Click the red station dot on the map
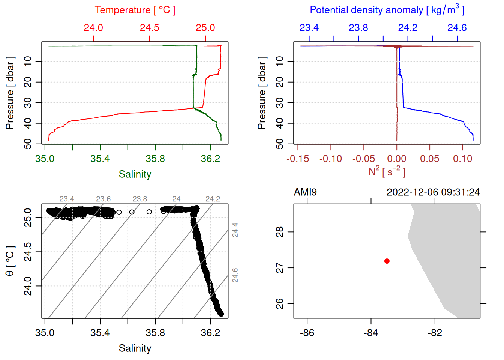387,261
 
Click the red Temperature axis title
135,10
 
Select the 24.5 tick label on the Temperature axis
149,28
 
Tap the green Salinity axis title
135,174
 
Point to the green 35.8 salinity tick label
155,159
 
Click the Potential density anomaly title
387,10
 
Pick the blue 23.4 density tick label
309,28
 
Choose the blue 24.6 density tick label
457,28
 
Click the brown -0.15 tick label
298,159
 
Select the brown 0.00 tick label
397,159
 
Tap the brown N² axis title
387,171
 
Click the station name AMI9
305,192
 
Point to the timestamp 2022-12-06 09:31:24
433,192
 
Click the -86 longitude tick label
307,333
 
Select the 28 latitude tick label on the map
280,232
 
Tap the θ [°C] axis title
10,261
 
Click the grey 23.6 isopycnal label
103,199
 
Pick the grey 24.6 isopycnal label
235,275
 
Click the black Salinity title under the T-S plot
135,348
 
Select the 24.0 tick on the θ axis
28,286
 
